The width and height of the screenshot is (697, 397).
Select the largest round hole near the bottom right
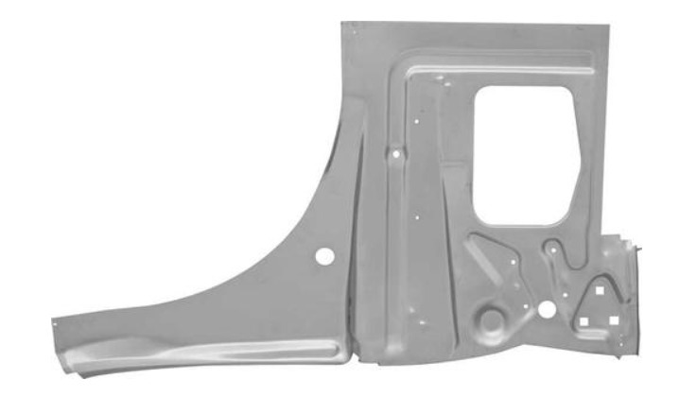coord(546,309)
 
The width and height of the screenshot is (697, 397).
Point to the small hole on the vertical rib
coord(395,151)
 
